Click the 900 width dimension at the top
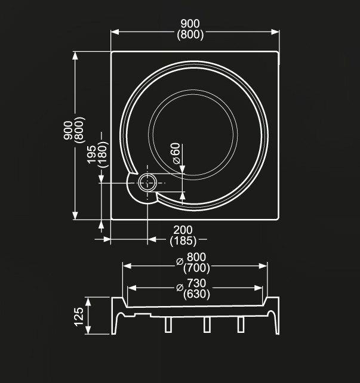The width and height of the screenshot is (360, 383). (191, 24)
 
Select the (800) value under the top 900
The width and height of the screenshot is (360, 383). (191, 35)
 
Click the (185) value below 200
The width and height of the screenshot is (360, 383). (183, 241)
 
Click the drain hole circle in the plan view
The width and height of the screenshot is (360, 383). (147, 183)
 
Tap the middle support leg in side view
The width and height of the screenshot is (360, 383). (206, 324)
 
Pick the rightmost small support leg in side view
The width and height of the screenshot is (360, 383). (241, 324)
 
